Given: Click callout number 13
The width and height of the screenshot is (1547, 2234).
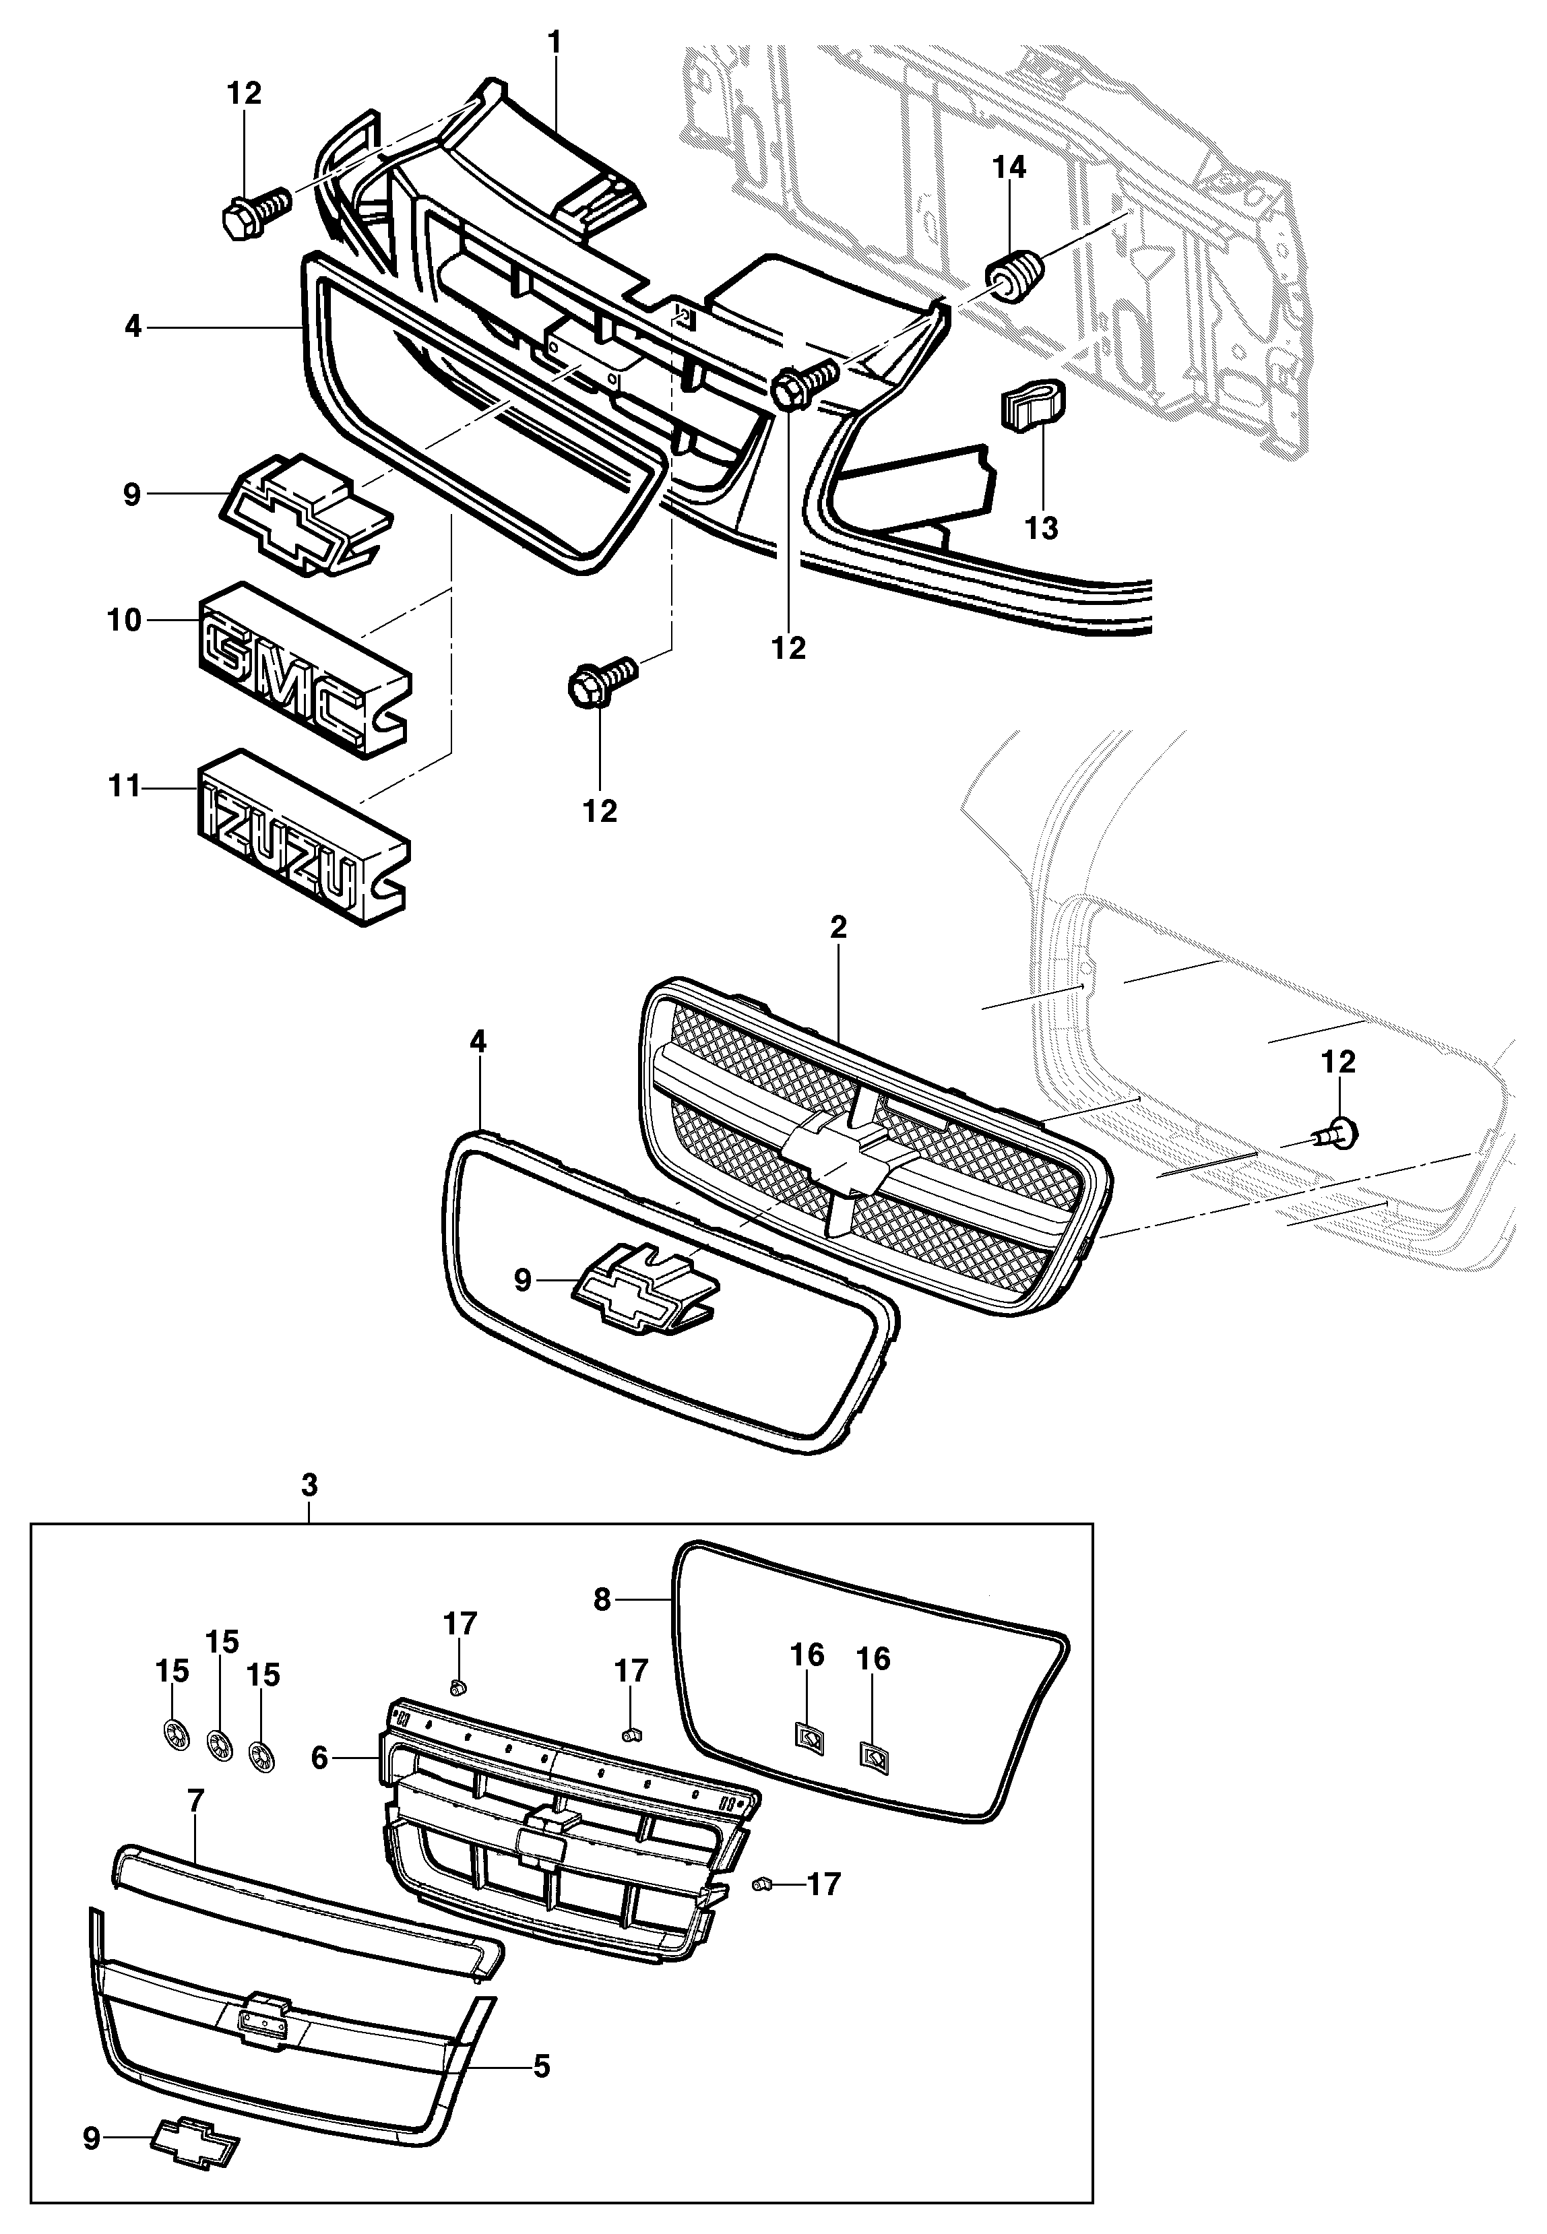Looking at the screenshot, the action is point(1041,528).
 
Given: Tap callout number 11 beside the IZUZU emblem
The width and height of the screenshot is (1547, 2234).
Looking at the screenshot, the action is point(124,786).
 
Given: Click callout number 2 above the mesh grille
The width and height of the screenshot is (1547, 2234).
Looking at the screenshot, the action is point(838,928).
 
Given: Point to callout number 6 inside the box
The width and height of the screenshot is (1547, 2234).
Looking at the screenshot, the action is point(320,1758).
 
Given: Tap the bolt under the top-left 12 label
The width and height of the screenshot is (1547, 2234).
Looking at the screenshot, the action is point(255,212).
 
